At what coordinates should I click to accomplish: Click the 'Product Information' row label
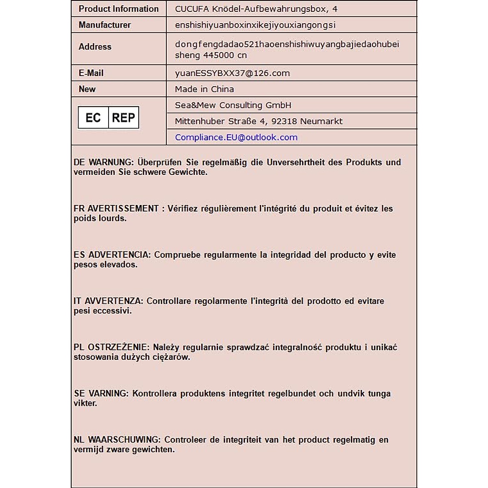click(x=118, y=9)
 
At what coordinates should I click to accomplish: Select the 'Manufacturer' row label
click(x=105, y=25)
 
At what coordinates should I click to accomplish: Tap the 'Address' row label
click(x=95, y=47)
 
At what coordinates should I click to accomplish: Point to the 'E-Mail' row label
click(x=91, y=73)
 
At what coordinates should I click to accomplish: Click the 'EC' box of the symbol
click(x=93, y=118)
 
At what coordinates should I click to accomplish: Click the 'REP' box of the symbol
click(x=123, y=118)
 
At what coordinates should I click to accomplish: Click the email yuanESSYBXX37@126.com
click(x=232, y=73)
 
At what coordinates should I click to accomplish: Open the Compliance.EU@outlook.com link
click(x=236, y=137)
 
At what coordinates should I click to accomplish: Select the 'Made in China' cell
click(x=204, y=89)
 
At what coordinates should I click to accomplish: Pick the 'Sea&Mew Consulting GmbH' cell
click(x=233, y=105)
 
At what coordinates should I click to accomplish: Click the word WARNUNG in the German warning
click(x=111, y=162)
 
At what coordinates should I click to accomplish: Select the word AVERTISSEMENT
click(x=123, y=209)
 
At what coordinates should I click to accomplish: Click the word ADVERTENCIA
click(x=120, y=255)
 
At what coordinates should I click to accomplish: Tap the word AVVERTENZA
click(x=114, y=301)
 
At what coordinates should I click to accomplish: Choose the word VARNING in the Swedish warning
click(x=108, y=394)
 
